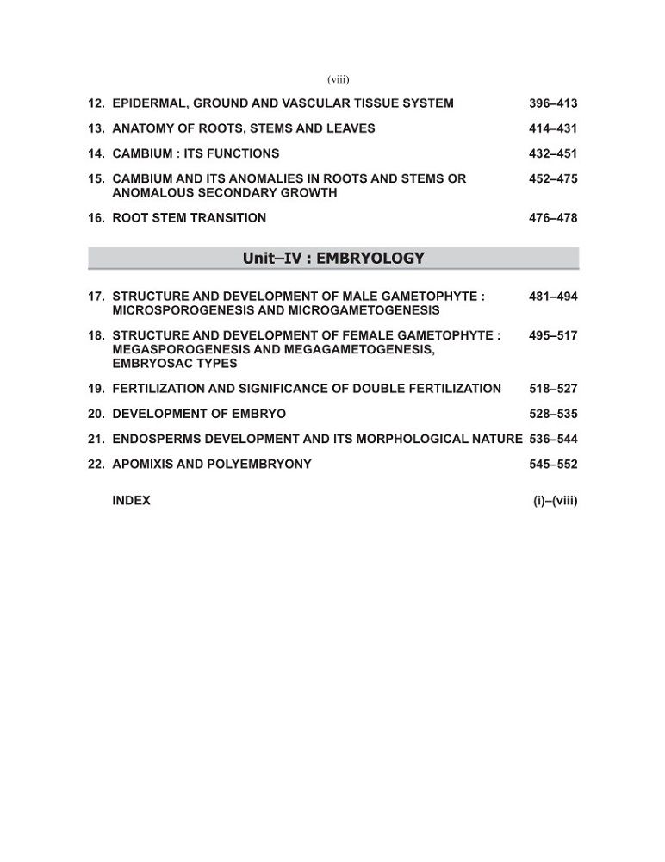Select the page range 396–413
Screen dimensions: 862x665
pyautogui.click(x=553, y=103)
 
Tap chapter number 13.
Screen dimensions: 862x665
pyautogui.click(x=96, y=128)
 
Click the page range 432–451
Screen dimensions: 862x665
pyautogui.click(x=553, y=153)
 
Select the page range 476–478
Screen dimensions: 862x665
pyautogui.click(x=553, y=218)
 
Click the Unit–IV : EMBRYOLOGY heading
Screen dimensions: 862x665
pyautogui.click(x=333, y=258)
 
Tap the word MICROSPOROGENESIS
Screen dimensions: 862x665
pyautogui.click(x=177, y=310)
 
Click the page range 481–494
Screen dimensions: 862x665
pyautogui.click(x=553, y=297)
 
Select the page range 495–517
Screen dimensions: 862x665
pyautogui.click(x=553, y=336)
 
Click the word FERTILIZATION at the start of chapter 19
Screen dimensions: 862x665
pyautogui.click(x=160, y=389)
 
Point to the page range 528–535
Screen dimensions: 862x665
pyautogui.click(x=553, y=414)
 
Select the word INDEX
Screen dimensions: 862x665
pyautogui.click(x=131, y=500)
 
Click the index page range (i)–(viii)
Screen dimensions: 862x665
pyautogui.click(x=556, y=500)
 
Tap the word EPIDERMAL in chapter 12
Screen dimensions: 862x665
pyautogui.click(x=148, y=103)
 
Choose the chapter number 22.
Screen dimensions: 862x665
pyautogui.click(x=96, y=464)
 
